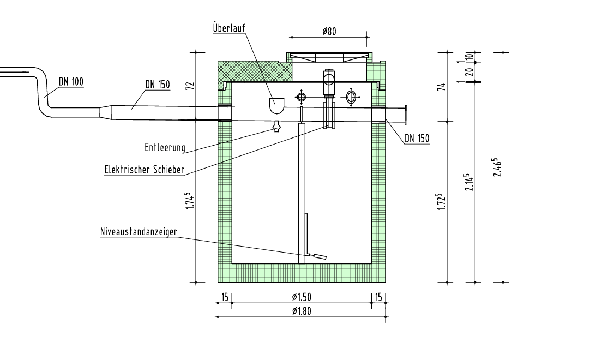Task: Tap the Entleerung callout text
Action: pos(165,147)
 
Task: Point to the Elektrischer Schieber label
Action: pos(143,169)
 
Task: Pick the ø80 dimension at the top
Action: pos(329,32)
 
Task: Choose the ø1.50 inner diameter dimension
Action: pos(302,297)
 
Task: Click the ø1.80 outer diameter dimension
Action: pos(302,311)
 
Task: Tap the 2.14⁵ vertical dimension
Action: pos(468,183)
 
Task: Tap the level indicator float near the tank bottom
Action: pos(318,256)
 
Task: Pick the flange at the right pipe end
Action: pos(407,115)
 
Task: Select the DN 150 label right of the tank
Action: pos(417,139)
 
